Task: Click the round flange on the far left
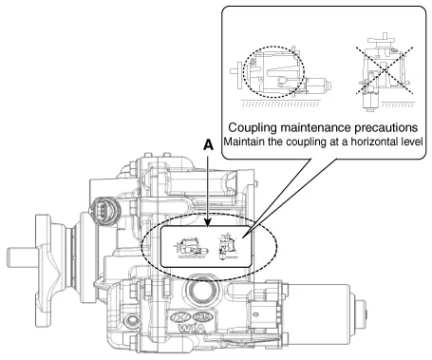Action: (x=49, y=251)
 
